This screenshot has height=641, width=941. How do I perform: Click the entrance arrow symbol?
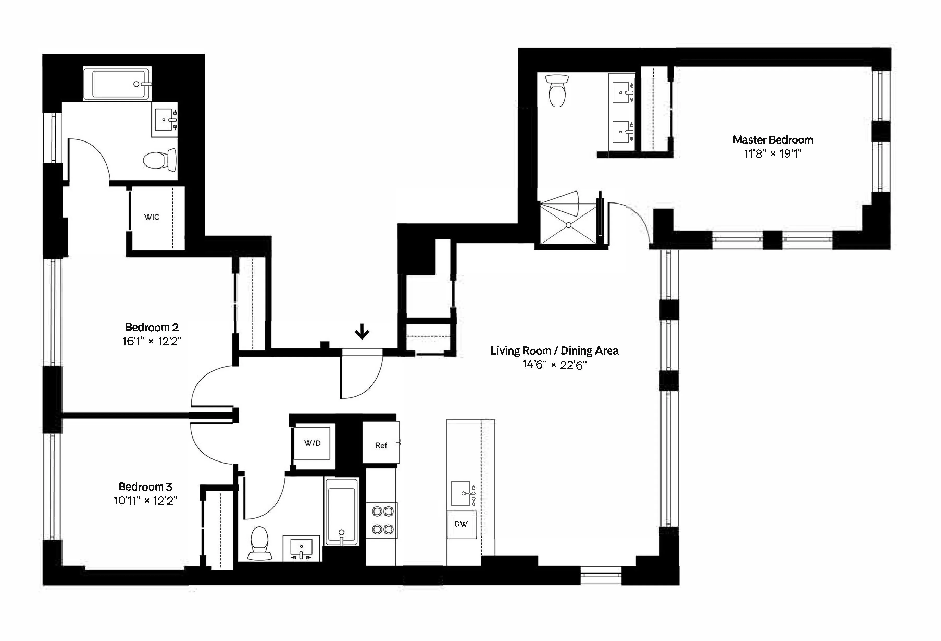pos(362,333)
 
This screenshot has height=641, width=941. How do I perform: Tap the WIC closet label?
pos(152,217)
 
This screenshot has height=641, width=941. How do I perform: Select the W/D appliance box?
pos(312,443)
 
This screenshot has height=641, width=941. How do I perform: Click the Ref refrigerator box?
pos(381,445)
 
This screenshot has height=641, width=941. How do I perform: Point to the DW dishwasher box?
pos(461,524)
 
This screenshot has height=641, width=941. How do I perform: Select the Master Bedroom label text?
pos(772,140)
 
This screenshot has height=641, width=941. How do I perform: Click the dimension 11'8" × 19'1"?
pos(772,153)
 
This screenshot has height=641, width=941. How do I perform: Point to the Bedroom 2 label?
pos(151,327)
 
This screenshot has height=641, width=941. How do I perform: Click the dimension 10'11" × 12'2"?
pos(145,501)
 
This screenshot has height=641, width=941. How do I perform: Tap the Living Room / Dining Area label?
pos(554,350)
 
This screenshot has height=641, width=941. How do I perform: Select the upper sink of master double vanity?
pos(621,93)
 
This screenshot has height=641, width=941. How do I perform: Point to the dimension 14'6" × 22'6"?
pos(554,365)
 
